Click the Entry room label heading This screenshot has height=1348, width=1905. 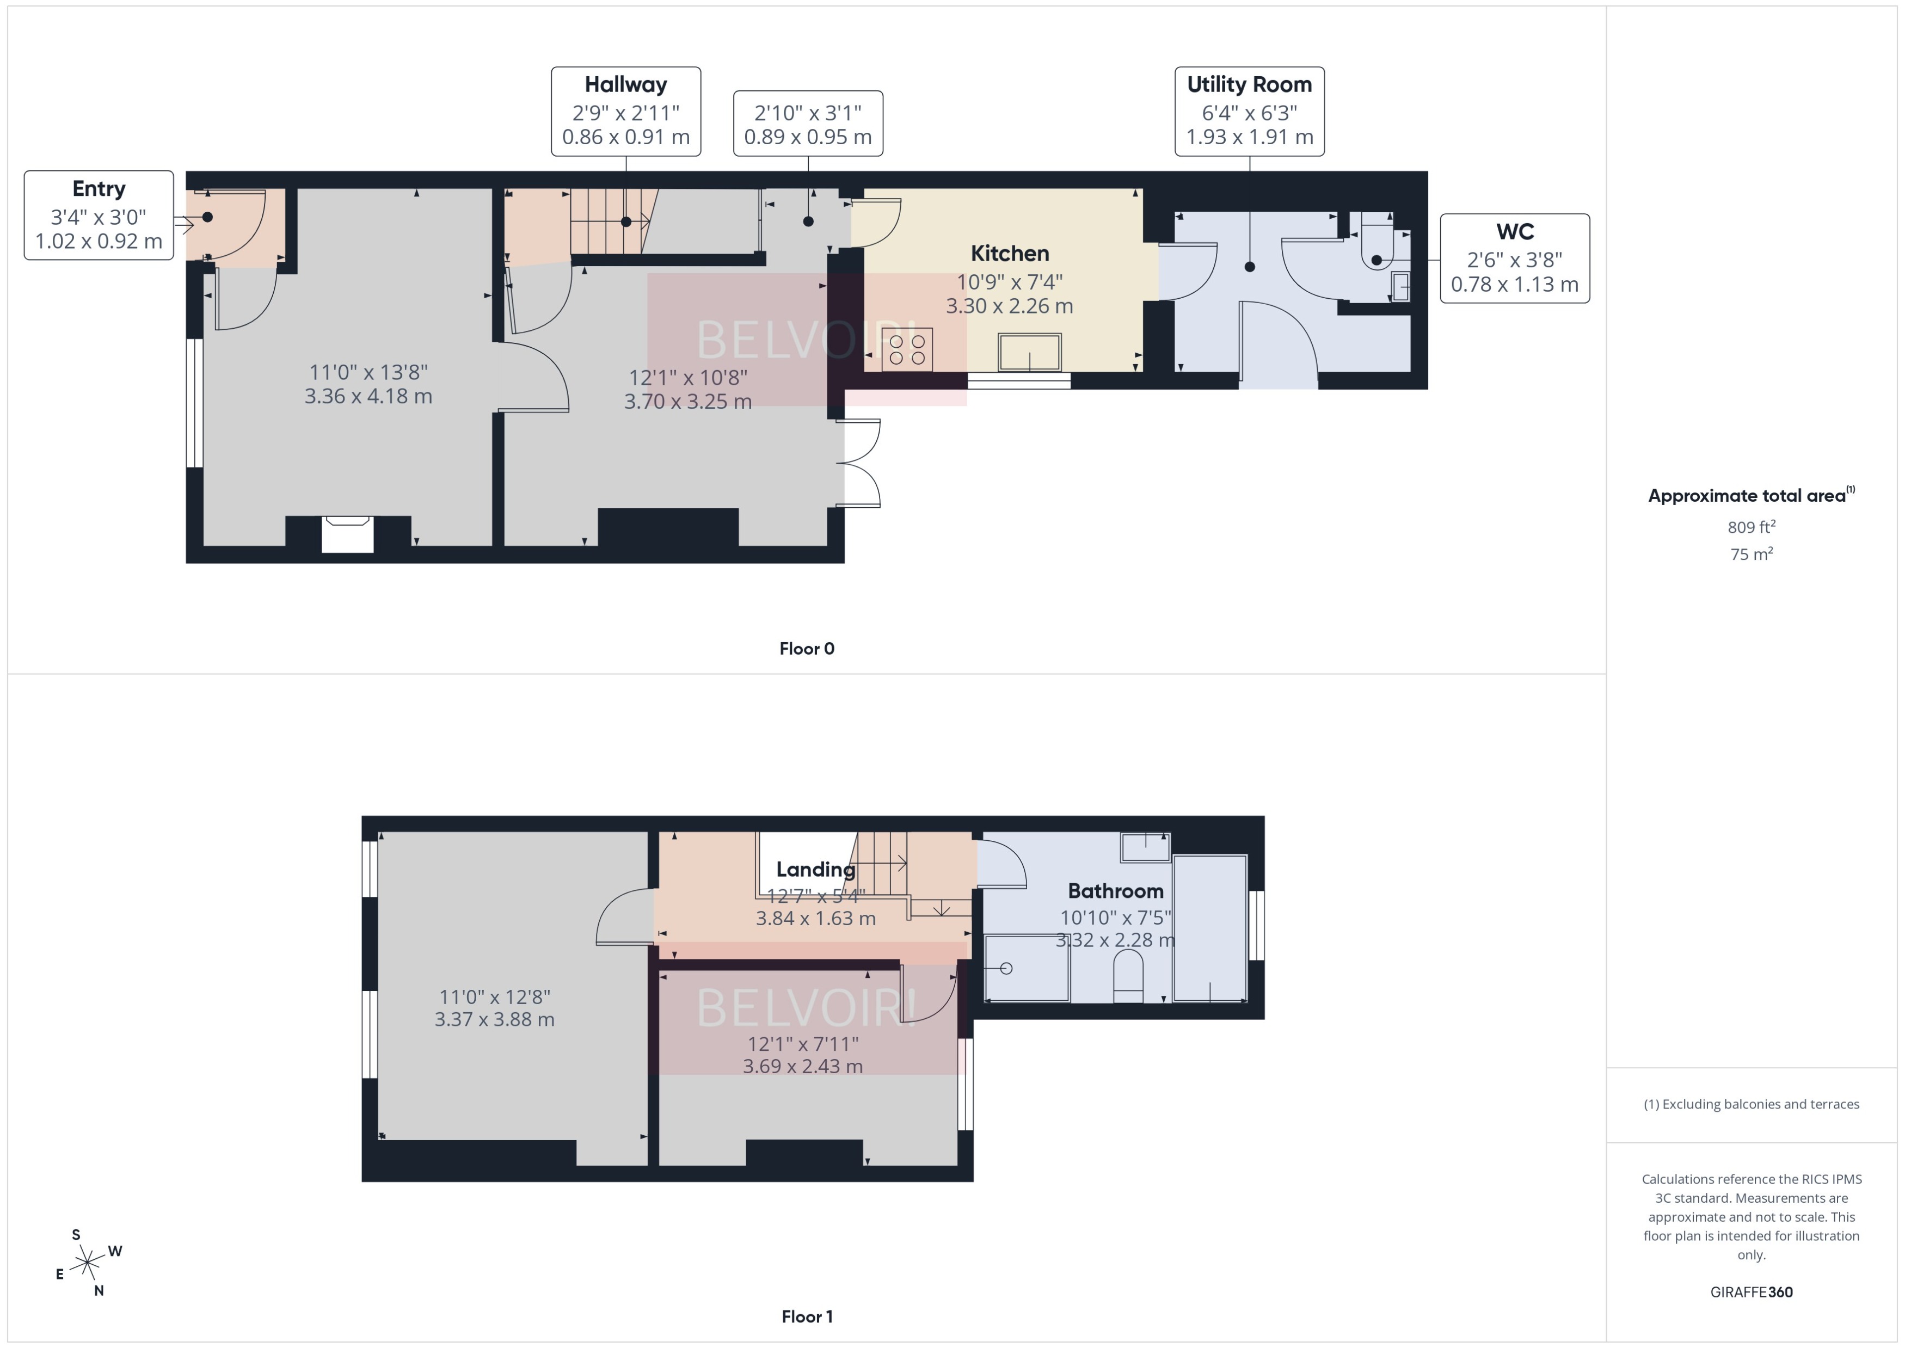click(98, 188)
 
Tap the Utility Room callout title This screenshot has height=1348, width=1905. click(1249, 85)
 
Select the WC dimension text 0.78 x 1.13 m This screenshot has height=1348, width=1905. click(1514, 285)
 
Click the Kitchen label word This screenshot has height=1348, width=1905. click(1009, 253)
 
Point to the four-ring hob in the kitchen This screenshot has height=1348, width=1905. click(906, 349)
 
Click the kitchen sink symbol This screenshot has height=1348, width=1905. click(1029, 353)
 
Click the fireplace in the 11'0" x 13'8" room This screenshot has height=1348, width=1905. click(348, 534)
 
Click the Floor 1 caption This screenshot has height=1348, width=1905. click(806, 1316)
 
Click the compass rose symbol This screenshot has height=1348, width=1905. click(87, 1263)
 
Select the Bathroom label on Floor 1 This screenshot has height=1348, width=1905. click(1115, 891)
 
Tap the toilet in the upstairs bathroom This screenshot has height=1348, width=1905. click(1127, 975)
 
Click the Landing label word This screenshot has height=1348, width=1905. click(815, 870)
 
